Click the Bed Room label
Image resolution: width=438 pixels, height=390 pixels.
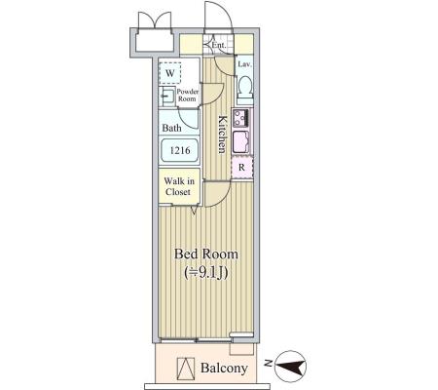(x=206, y=253)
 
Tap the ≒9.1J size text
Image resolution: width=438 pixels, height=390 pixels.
(x=206, y=273)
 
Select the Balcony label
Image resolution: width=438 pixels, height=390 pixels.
(x=224, y=369)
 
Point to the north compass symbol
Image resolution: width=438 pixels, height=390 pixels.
(x=290, y=367)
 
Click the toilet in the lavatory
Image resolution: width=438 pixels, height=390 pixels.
(x=244, y=88)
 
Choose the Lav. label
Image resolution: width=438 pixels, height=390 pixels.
(x=244, y=64)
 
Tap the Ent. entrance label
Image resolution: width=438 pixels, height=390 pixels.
(x=219, y=45)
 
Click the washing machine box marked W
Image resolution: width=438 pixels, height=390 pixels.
(x=170, y=73)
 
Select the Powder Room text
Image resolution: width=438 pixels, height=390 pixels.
(x=187, y=96)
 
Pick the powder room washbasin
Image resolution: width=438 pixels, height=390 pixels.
(x=167, y=97)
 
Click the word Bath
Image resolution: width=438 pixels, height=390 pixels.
(x=171, y=128)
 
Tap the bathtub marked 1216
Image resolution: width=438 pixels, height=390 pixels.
(x=179, y=150)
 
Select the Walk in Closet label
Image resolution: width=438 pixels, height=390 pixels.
(x=179, y=186)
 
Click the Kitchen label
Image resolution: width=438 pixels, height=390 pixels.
(x=222, y=134)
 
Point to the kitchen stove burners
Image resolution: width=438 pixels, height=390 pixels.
(x=240, y=118)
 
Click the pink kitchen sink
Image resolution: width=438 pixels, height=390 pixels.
(x=241, y=141)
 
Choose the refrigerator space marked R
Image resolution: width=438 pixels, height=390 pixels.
(x=241, y=168)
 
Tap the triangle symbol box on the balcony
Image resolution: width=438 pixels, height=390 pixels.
(x=186, y=369)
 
